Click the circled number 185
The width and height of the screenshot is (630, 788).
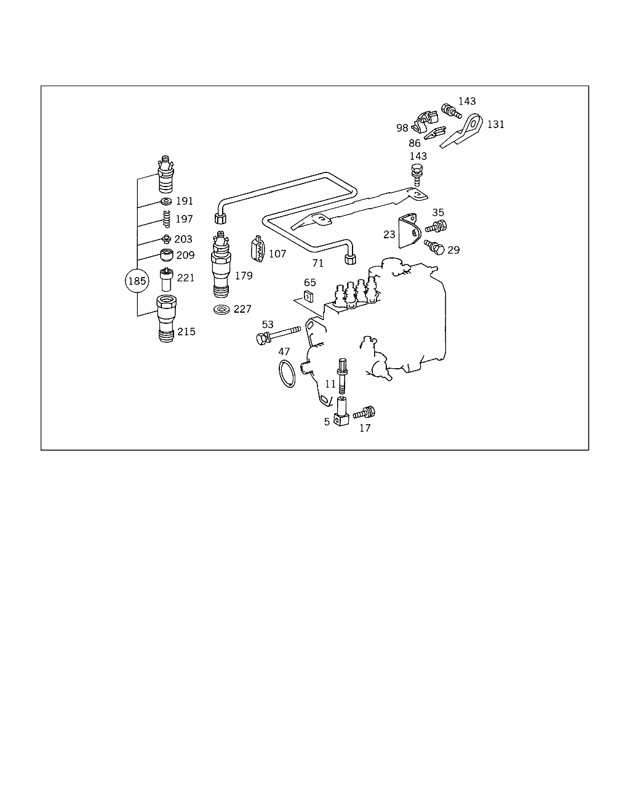tap(137, 281)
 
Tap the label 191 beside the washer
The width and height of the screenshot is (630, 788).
tap(184, 201)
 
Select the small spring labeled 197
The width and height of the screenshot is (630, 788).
tap(167, 219)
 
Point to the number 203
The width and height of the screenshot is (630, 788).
tap(183, 239)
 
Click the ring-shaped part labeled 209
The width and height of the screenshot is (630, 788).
tap(167, 255)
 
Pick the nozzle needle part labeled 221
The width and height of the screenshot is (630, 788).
tap(166, 279)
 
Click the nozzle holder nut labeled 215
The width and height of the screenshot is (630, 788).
tap(166, 318)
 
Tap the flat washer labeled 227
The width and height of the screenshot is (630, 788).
tap(221, 310)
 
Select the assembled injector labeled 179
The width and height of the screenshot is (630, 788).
tap(221, 264)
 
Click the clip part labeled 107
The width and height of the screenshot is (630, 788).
tap(258, 249)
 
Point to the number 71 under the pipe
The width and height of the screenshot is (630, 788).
tap(317, 263)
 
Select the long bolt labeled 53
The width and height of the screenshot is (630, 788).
tap(278, 336)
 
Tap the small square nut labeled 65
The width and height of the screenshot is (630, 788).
tap(309, 296)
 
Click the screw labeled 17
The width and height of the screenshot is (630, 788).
tap(364, 413)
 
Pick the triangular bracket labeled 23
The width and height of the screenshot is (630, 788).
tap(409, 231)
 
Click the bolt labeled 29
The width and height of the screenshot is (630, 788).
tap(434, 247)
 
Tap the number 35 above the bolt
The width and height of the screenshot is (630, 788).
tap(438, 212)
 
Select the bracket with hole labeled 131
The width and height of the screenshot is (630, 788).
tap(462, 131)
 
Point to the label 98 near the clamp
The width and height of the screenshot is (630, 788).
tap(402, 128)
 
